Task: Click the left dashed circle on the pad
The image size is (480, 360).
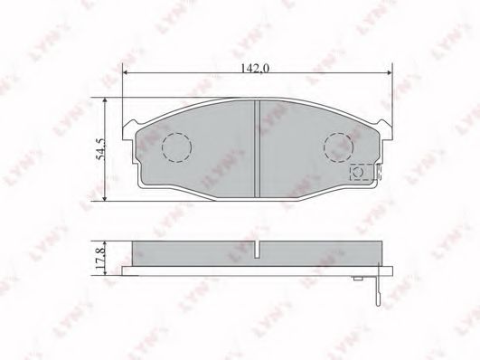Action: [175, 147]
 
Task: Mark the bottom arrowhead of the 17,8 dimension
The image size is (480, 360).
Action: [108, 270]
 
